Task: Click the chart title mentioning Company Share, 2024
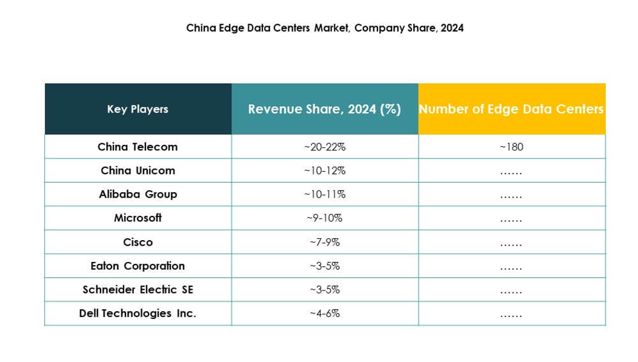pos(325,28)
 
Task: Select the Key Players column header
pos(138,109)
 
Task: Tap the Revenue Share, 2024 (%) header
pos(324,109)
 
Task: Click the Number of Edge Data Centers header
pos(511,109)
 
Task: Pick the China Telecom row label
pos(138,147)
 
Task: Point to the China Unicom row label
pos(138,170)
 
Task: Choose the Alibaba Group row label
pos(138,194)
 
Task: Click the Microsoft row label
pos(138,218)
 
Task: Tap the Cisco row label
pos(138,242)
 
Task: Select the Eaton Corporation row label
pos(138,266)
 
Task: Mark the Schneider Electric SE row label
pos(138,289)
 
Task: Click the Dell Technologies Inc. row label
pos(138,313)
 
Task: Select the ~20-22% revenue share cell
pos(324,147)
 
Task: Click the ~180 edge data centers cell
pos(511,147)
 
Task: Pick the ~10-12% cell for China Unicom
pos(324,170)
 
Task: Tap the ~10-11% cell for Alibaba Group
pos(324,194)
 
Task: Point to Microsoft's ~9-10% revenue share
pos(324,218)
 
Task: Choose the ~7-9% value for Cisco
pos(324,242)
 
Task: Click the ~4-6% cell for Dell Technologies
pos(324,313)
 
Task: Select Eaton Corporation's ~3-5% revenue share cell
pos(324,266)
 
